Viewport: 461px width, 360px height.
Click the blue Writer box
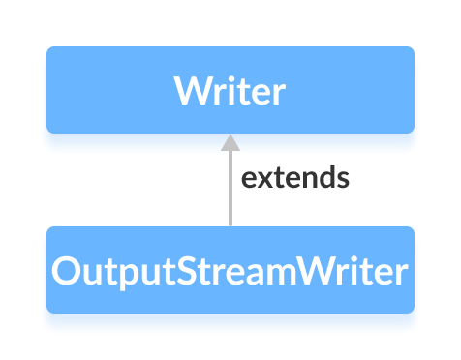click(x=230, y=89)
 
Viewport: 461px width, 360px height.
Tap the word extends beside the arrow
click(x=294, y=179)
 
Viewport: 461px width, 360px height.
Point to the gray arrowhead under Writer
click(x=230, y=143)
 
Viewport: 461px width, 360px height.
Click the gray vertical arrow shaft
click(x=230, y=189)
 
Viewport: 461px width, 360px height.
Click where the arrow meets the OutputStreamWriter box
click(x=230, y=226)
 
